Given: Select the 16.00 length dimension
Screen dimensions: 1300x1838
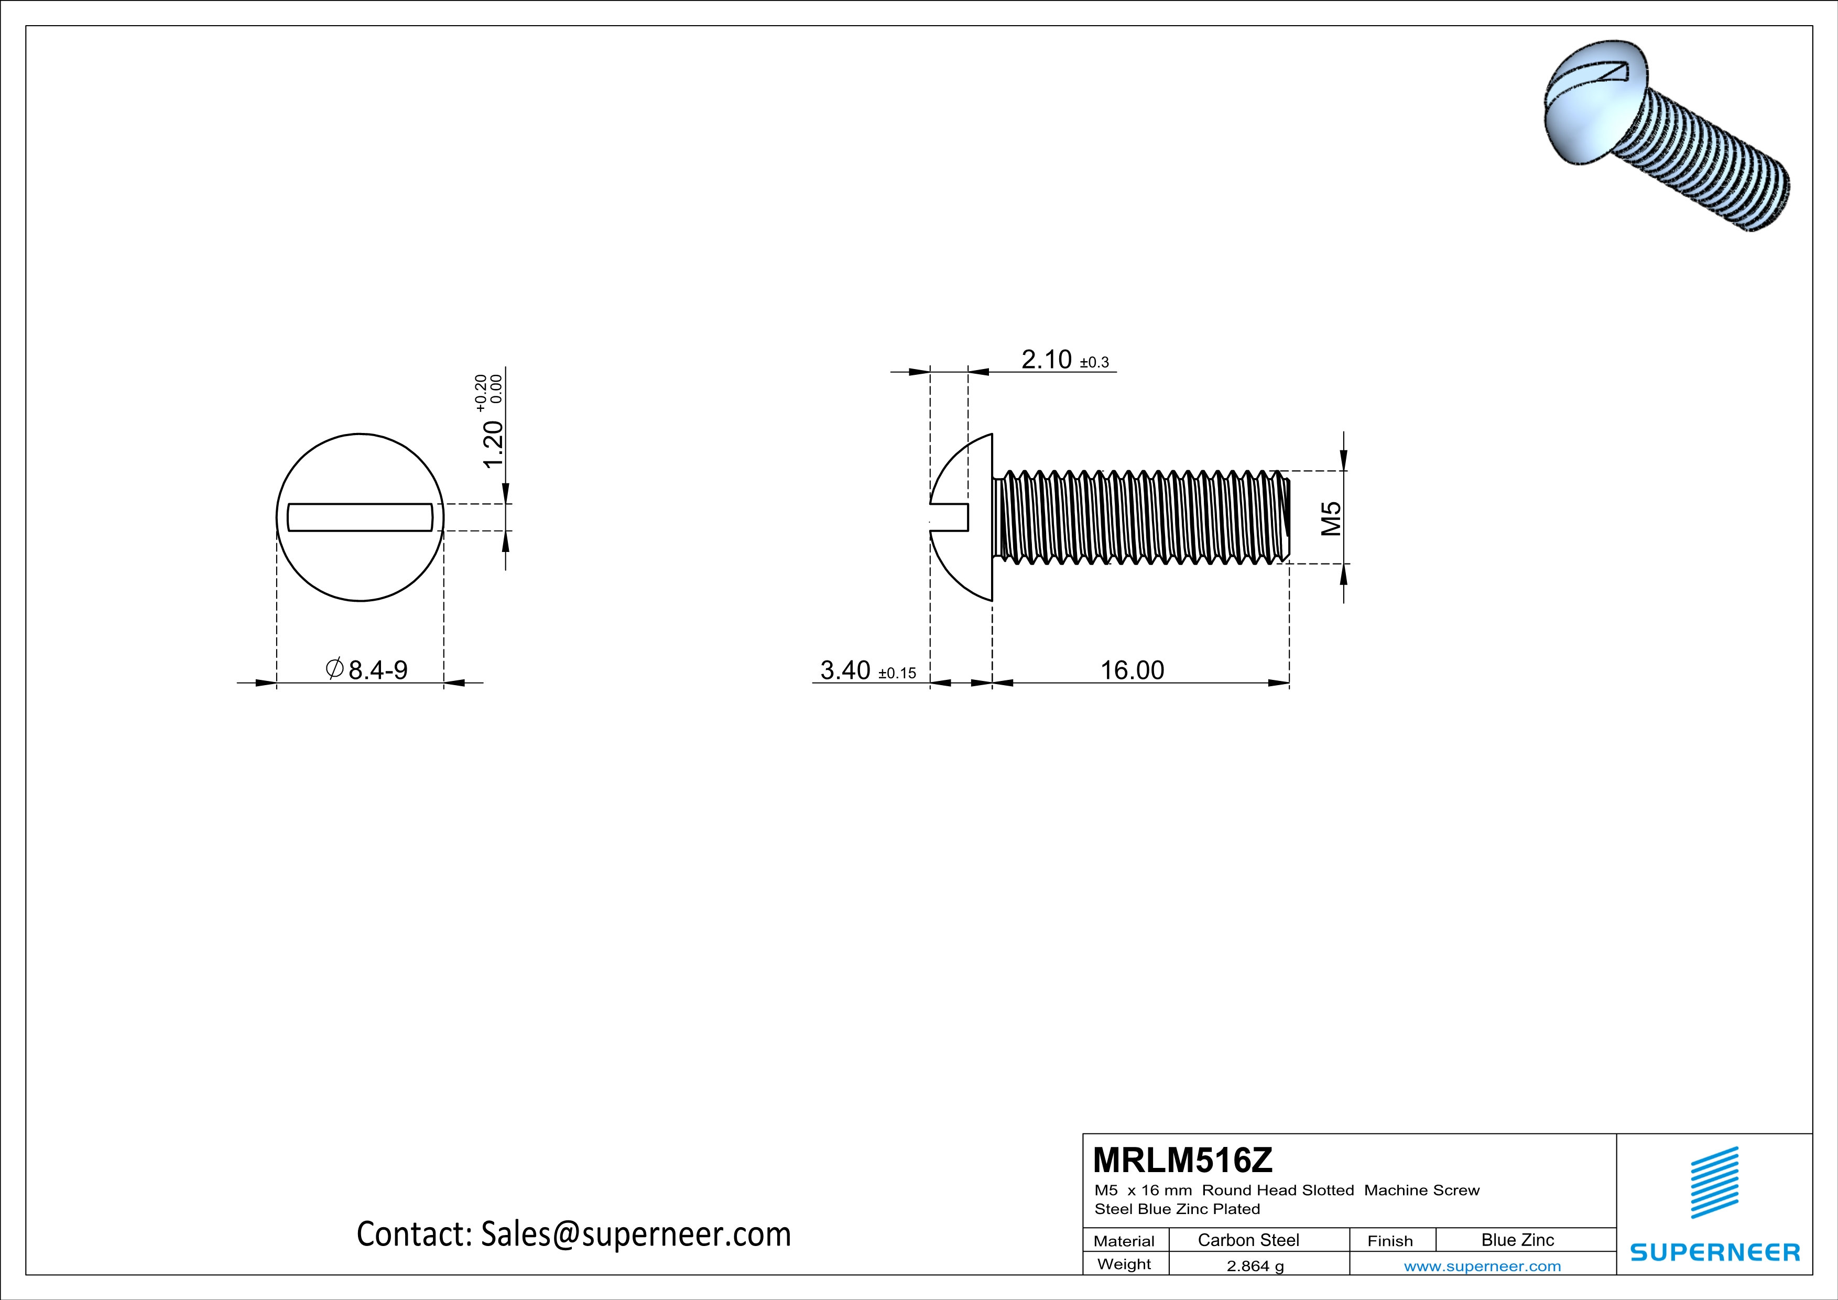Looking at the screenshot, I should point(1132,670).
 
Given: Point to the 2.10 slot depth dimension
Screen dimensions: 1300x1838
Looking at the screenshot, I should point(1046,360).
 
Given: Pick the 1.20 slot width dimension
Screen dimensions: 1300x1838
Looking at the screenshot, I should point(493,445).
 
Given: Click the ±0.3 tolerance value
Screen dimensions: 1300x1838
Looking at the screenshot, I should point(1094,363).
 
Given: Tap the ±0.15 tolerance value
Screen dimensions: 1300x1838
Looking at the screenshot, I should point(897,673).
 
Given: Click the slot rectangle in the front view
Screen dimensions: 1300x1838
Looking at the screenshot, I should point(360,517).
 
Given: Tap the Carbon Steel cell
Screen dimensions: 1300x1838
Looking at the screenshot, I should point(1248,1240).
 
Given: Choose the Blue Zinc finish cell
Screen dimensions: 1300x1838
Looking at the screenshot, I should point(1517,1240).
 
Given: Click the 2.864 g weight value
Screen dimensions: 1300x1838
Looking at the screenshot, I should point(1254,1265).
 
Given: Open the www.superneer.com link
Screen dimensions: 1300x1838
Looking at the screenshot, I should point(1482,1265).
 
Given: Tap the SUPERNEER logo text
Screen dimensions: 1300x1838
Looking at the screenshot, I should point(1715,1252).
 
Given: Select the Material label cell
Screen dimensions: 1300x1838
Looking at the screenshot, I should point(1124,1241).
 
